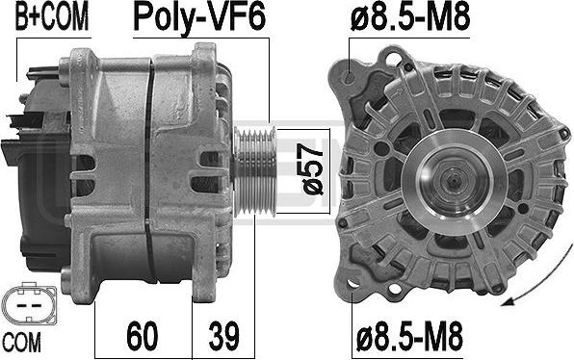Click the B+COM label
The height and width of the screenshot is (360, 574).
(x=52, y=17)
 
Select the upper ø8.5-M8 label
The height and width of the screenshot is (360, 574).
(x=410, y=17)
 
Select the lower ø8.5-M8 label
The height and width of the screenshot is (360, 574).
(x=409, y=337)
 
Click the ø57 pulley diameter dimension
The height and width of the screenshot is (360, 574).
(x=312, y=169)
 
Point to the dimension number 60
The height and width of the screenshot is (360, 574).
(x=143, y=336)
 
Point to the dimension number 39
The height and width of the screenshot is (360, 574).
(x=224, y=336)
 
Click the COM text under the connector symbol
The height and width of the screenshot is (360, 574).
(x=22, y=343)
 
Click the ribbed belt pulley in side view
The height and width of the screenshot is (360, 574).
(x=254, y=171)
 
